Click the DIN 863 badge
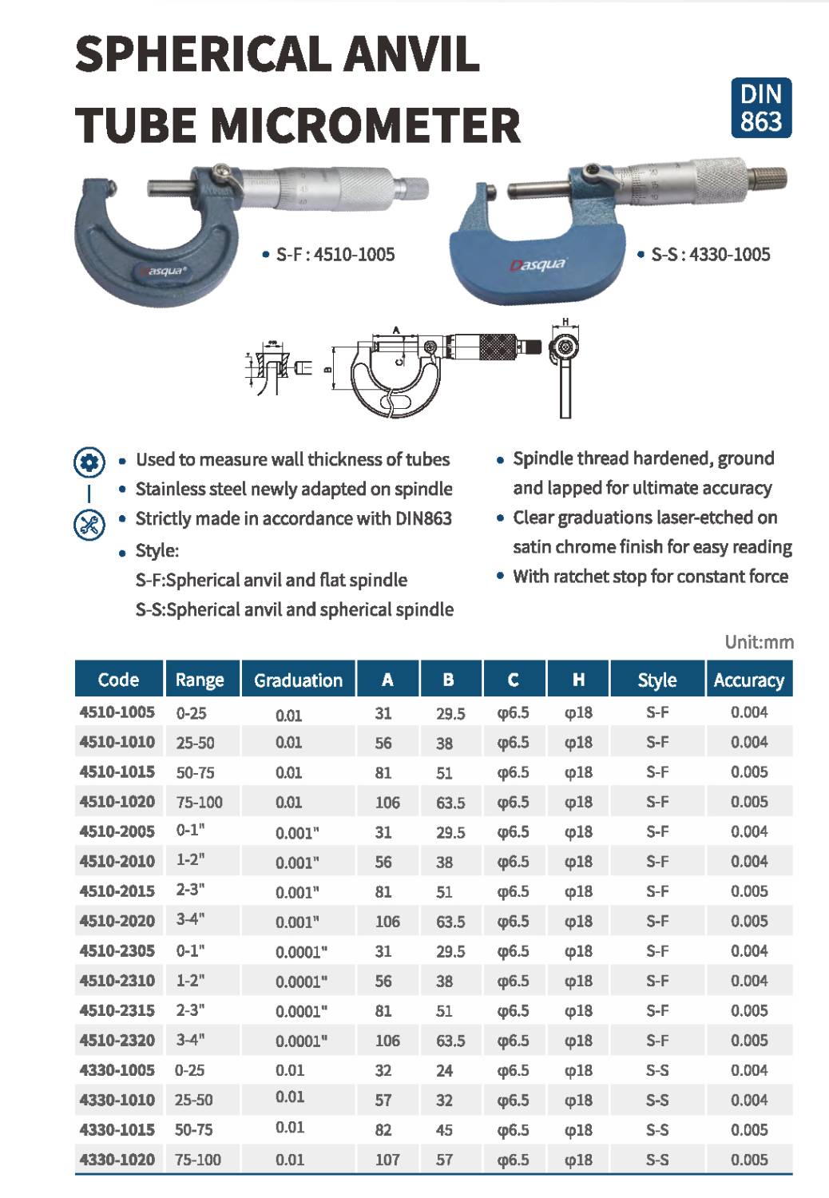coord(760,107)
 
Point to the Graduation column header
coord(298,680)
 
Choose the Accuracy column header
coord(748,680)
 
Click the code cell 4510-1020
coord(117,802)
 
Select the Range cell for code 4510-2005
coord(191,831)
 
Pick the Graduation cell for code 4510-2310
coord(301,982)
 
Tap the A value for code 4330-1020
coord(387,1160)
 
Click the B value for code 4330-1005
coord(444,1070)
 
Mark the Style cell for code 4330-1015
coord(656,1130)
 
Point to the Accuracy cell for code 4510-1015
coord(748,772)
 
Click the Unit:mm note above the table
coord(759,642)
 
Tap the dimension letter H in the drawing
coord(565,322)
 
